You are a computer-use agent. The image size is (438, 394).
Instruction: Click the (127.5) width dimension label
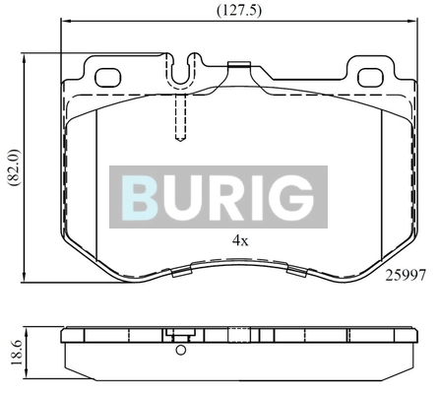[x=239, y=11]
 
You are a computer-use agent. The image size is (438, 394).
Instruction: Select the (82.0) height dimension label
[x=15, y=168]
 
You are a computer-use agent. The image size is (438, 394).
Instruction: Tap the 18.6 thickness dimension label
[x=17, y=353]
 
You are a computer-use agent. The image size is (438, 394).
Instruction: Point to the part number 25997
[x=406, y=275]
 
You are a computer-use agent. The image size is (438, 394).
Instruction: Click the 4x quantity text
[x=240, y=241]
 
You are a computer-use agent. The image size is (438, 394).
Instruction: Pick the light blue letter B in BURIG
[x=138, y=197]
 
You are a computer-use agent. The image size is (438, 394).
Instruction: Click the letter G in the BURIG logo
[x=292, y=197]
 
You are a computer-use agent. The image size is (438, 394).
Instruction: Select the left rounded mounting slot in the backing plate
[x=108, y=78]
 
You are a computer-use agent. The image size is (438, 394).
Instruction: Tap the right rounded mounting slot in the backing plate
[x=370, y=78]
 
